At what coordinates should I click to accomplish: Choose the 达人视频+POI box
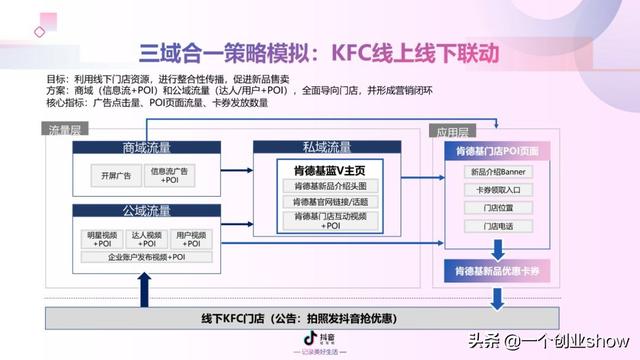[x=147, y=239]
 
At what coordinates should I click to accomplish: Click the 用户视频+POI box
[x=191, y=239]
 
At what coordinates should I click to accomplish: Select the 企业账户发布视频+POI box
[x=146, y=257]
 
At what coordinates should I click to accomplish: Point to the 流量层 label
[x=66, y=130]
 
